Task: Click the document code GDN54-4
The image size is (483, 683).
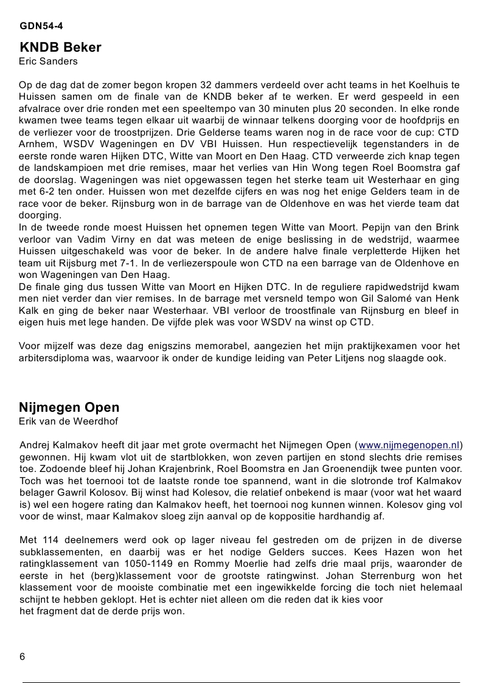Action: click(x=41, y=26)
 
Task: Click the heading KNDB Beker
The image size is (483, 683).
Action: click(x=60, y=47)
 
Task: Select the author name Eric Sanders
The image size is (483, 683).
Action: click(x=48, y=61)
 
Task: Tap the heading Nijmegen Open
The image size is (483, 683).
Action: click(x=69, y=407)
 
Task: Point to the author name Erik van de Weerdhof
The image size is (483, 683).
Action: click(x=68, y=421)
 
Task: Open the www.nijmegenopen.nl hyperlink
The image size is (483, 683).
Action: click(x=409, y=445)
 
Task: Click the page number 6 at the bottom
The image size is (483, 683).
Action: click(x=23, y=657)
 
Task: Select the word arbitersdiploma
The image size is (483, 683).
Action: click(x=54, y=358)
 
